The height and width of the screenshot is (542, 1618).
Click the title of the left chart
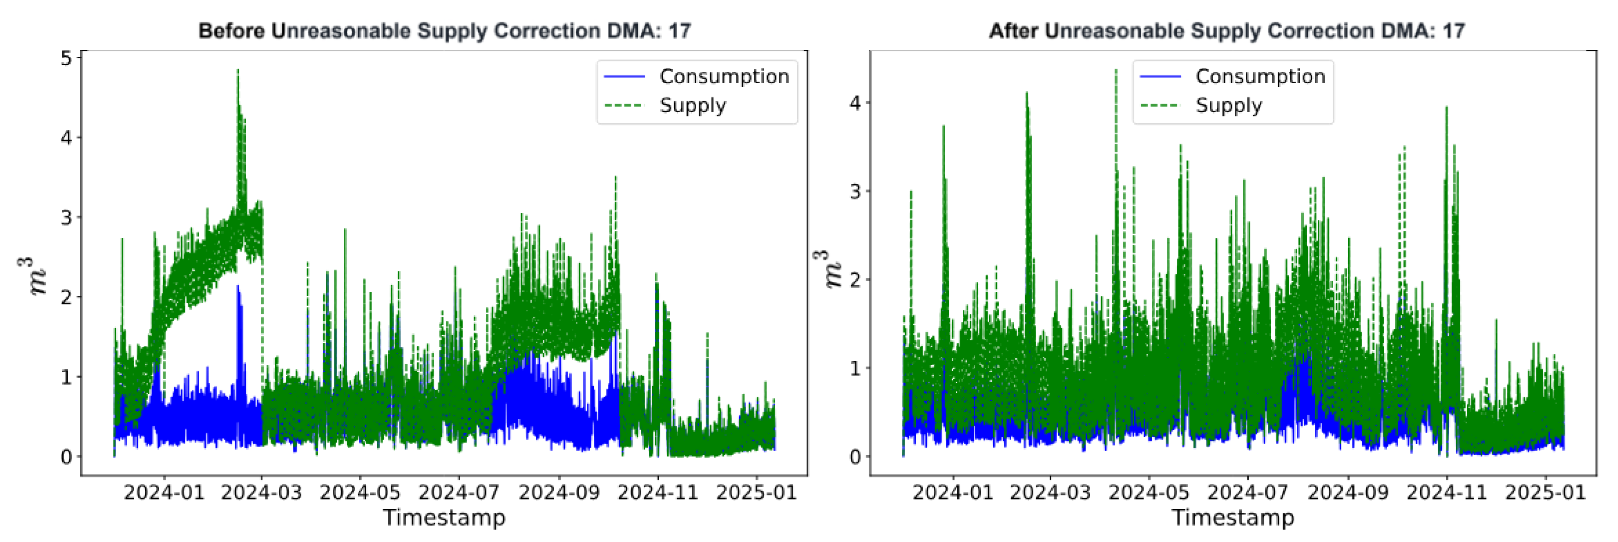pos(444,31)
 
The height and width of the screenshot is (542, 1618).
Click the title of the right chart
pos(1226,31)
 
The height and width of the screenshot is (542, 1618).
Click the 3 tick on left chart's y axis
pos(66,217)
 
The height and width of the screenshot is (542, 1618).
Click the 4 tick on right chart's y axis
pos(855,102)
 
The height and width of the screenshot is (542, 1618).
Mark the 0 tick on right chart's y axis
pos(855,457)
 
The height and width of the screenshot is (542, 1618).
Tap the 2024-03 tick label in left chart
pos(261,492)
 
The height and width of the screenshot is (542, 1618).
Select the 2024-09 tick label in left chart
pos(558,492)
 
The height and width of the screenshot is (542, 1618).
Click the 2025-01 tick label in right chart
pos(1545,492)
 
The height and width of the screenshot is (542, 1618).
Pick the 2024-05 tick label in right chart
pos(1149,492)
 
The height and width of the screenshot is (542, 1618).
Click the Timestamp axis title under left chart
pos(444,518)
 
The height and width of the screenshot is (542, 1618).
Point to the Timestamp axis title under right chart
pos(1233,518)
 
